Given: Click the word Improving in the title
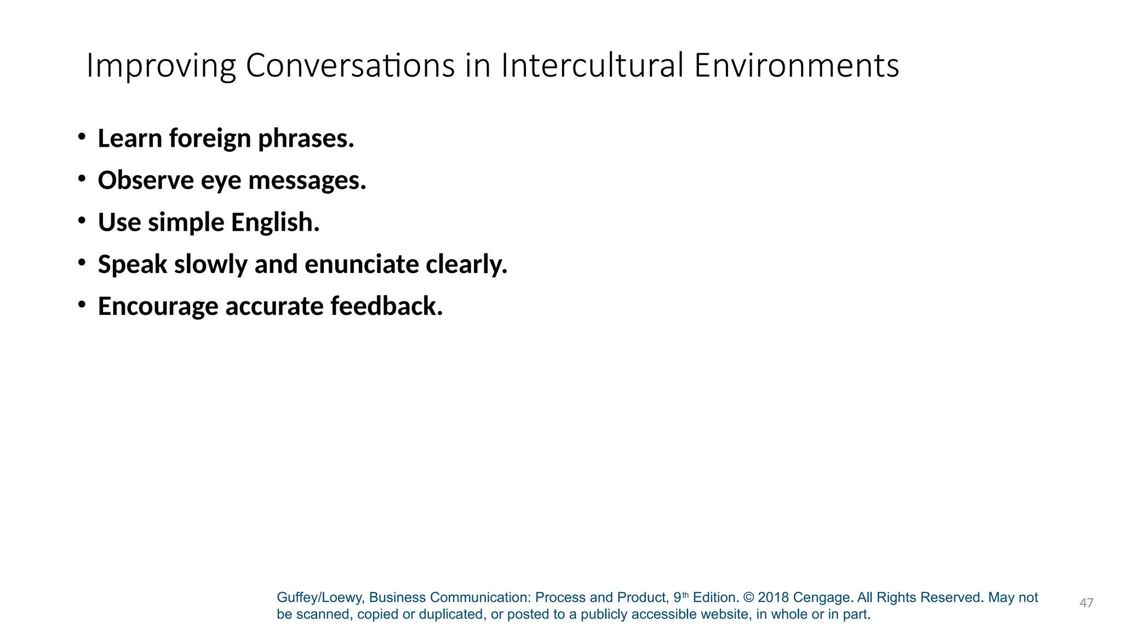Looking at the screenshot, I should pyautogui.click(x=161, y=66).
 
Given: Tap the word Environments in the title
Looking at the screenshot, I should pyautogui.click(x=797, y=66).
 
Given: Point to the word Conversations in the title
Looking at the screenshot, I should pyautogui.click(x=350, y=66).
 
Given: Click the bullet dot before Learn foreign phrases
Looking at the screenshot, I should pyautogui.click(x=82, y=136).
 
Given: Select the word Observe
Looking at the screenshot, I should pyautogui.click(x=146, y=180).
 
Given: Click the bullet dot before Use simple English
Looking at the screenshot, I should pyautogui.click(x=82, y=220).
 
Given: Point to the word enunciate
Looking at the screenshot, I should pyautogui.click(x=362, y=265).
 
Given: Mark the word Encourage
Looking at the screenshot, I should pyautogui.click(x=158, y=307).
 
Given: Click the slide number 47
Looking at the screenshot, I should pyautogui.click(x=1086, y=603).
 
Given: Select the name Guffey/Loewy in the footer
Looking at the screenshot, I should pyautogui.click(x=319, y=598).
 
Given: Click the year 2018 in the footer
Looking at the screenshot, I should pyautogui.click(x=773, y=598).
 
